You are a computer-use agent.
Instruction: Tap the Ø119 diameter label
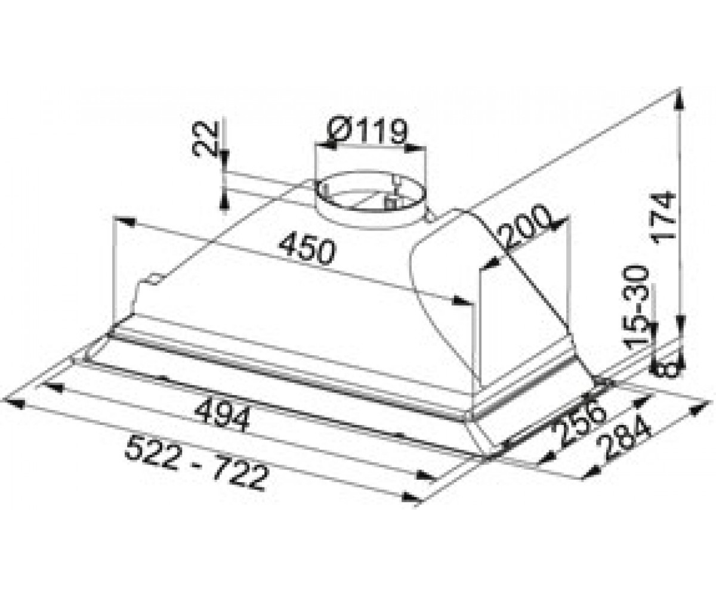coord(367,131)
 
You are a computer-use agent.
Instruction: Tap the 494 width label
coord(222,415)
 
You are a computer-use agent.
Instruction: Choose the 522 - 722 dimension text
coord(196,463)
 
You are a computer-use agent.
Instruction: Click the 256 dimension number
coord(579,425)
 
